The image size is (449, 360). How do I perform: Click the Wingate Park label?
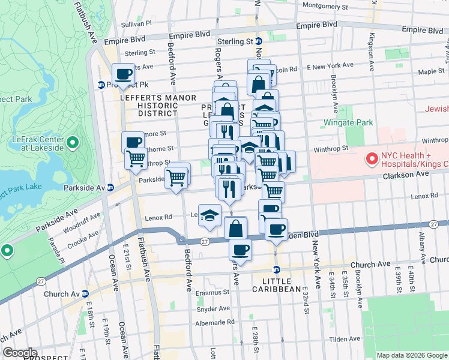[x=348, y=122]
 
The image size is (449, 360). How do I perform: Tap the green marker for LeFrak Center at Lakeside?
[x=73, y=143]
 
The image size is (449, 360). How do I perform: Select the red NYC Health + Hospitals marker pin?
[x=372, y=160]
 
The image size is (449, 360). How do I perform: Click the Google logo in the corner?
[x=20, y=352]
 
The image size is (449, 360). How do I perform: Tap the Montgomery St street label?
[x=325, y=5]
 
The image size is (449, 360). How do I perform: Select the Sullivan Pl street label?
[x=136, y=23]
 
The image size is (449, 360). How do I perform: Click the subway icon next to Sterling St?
[x=258, y=41]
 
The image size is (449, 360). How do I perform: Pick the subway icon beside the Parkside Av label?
[x=110, y=187]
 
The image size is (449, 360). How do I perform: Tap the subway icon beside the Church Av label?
[x=85, y=294]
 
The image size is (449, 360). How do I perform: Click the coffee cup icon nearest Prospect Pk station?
[x=124, y=74]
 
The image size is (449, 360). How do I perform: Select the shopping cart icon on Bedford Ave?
[x=176, y=177]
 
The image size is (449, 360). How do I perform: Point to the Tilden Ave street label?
[x=345, y=340]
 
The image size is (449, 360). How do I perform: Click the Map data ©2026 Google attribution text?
[x=411, y=355]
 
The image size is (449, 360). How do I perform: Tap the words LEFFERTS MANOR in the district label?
[x=158, y=97]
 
